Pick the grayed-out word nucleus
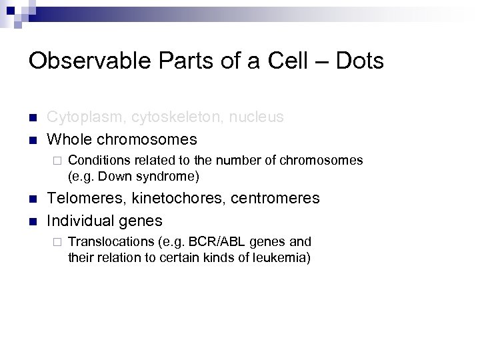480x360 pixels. click(257, 117)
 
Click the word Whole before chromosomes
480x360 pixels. click(69, 139)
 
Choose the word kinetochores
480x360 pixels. click(179, 199)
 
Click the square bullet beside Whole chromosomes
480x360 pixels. click(33, 140)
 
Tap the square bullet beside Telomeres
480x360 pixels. click(33, 199)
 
